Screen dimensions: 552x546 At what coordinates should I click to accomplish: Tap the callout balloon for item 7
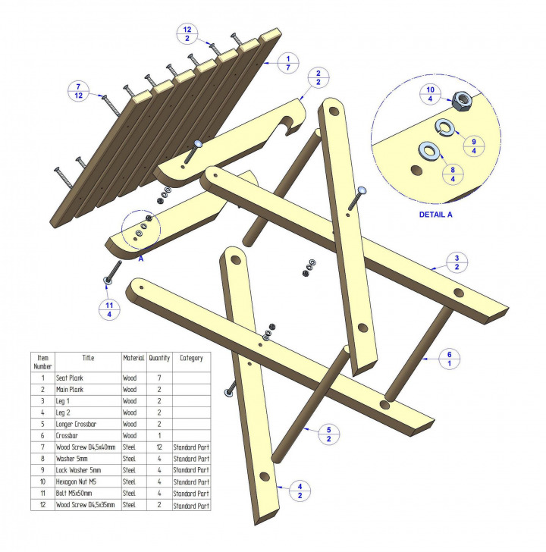click(x=78, y=90)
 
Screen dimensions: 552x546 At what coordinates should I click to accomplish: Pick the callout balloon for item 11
click(x=110, y=309)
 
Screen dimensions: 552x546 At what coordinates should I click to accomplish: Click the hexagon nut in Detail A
click(x=460, y=98)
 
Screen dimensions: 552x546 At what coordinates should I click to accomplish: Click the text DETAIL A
click(x=435, y=215)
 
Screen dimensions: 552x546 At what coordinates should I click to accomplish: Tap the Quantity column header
click(x=159, y=358)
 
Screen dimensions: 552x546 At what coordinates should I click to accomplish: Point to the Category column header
click(x=191, y=358)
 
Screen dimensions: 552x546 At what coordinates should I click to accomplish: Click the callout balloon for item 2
click(x=318, y=77)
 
